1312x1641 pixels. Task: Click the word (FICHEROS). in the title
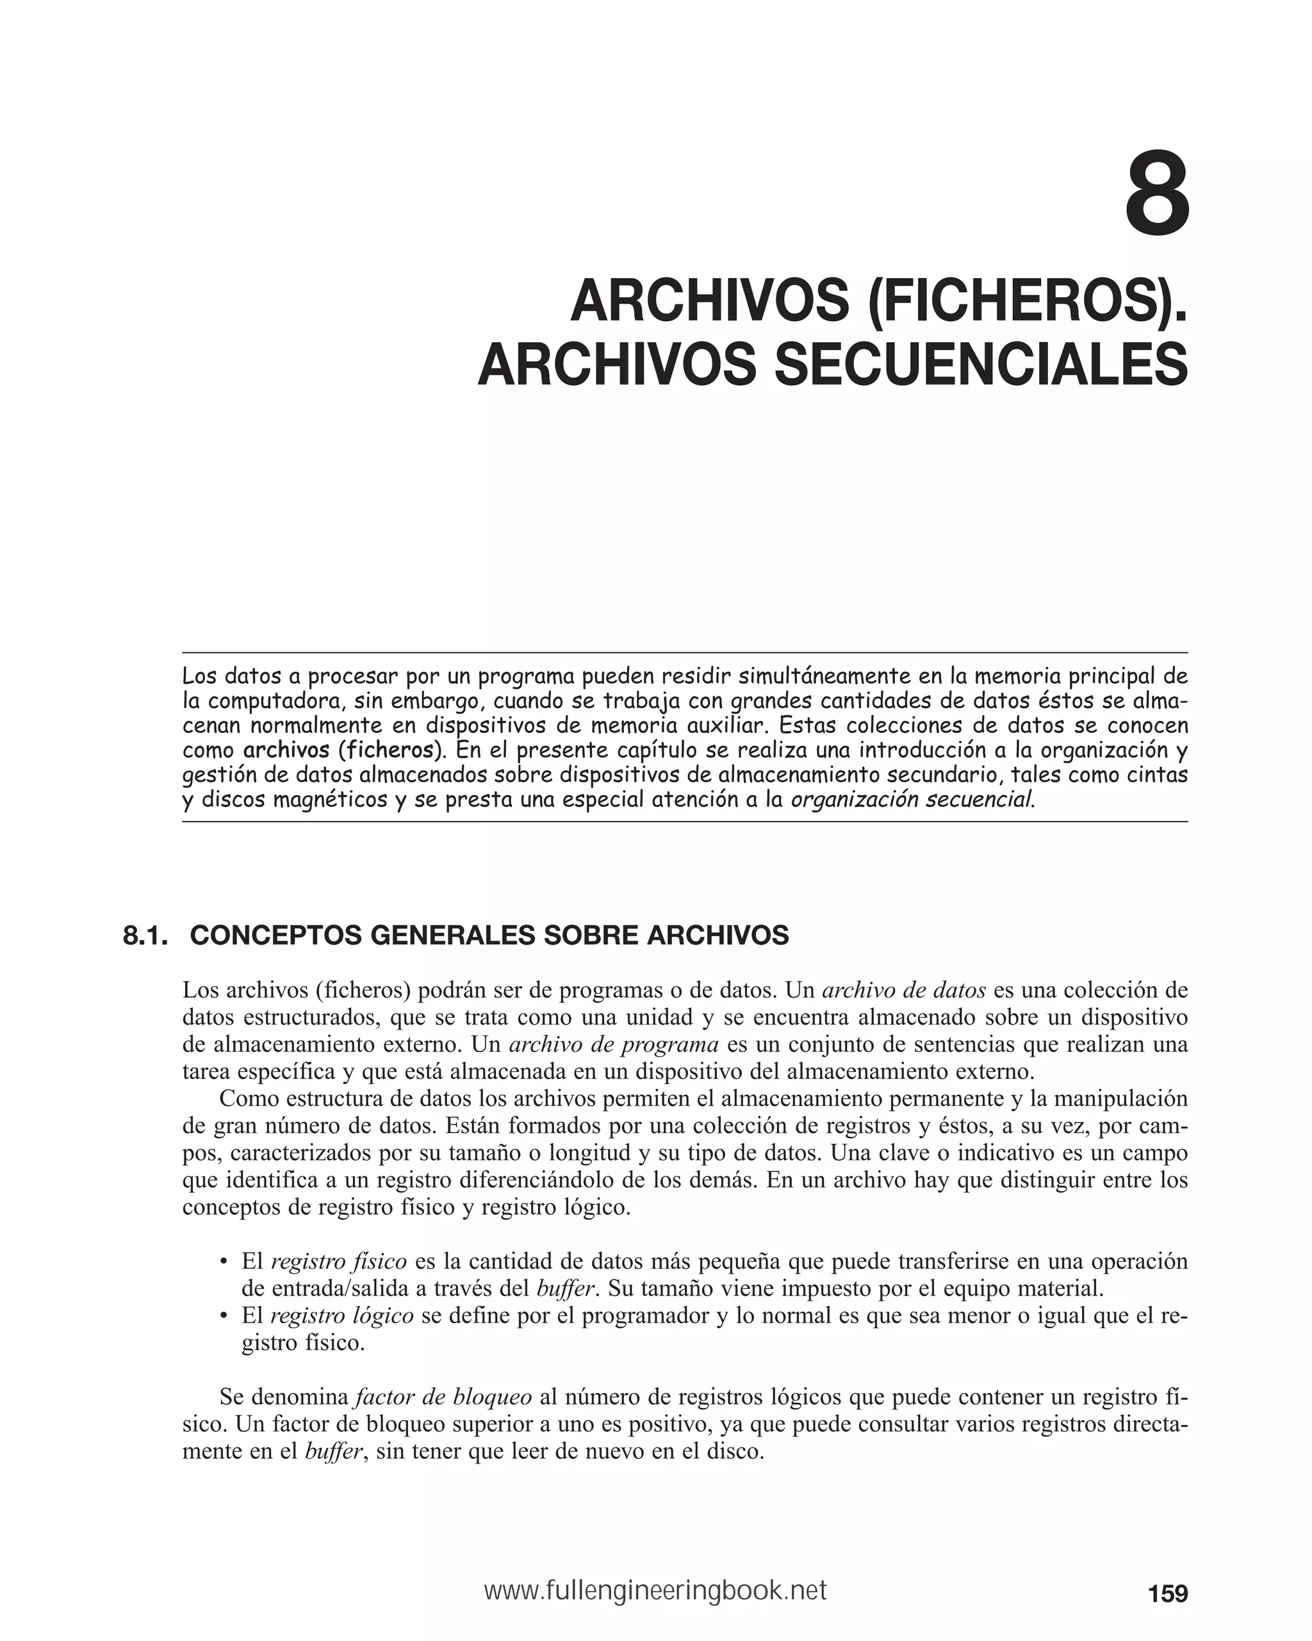(1026, 301)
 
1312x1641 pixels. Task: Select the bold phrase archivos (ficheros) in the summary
(343, 750)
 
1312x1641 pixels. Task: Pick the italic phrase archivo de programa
(613, 1044)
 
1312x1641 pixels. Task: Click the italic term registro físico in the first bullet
(339, 1262)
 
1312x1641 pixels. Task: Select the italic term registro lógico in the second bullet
(341, 1316)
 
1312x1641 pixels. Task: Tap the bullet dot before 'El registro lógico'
(224, 1317)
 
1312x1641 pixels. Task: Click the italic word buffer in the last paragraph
(332, 1451)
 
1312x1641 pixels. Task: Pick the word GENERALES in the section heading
(448, 936)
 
